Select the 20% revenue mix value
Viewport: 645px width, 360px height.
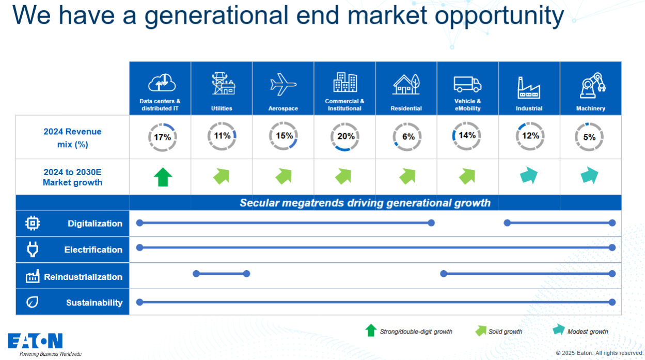click(x=346, y=136)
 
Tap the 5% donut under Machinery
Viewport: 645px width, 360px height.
click(x=589, y=123)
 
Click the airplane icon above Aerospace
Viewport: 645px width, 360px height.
click(x=284, y=84)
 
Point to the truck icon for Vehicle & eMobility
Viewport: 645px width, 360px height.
click(x=467, y=84)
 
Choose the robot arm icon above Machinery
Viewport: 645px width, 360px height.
click(x=593, y=85)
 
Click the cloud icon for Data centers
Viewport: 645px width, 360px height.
click(x=162, y=83)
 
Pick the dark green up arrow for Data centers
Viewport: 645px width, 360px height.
click(x=163, y=177)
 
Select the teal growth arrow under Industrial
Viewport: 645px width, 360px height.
click(x=529, y=175)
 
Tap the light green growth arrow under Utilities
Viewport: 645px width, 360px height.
click(x=222, y=176)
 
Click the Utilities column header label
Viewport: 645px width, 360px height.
click(x=222, y=108)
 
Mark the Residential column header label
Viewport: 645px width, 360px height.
click(x=406, y=108)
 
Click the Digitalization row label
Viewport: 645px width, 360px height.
click(x=95, y=224)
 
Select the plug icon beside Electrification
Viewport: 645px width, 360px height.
click(x=33, y=249)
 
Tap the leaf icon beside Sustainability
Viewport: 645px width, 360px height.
click(x=32, y=302)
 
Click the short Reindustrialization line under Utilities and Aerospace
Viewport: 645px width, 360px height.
click(x=221, y=274)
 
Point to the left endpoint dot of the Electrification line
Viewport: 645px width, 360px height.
click(x=139, y=248)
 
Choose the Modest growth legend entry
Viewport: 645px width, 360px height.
click(x=580, y=331)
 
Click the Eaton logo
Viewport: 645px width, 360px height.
click(x=35, y=341)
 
